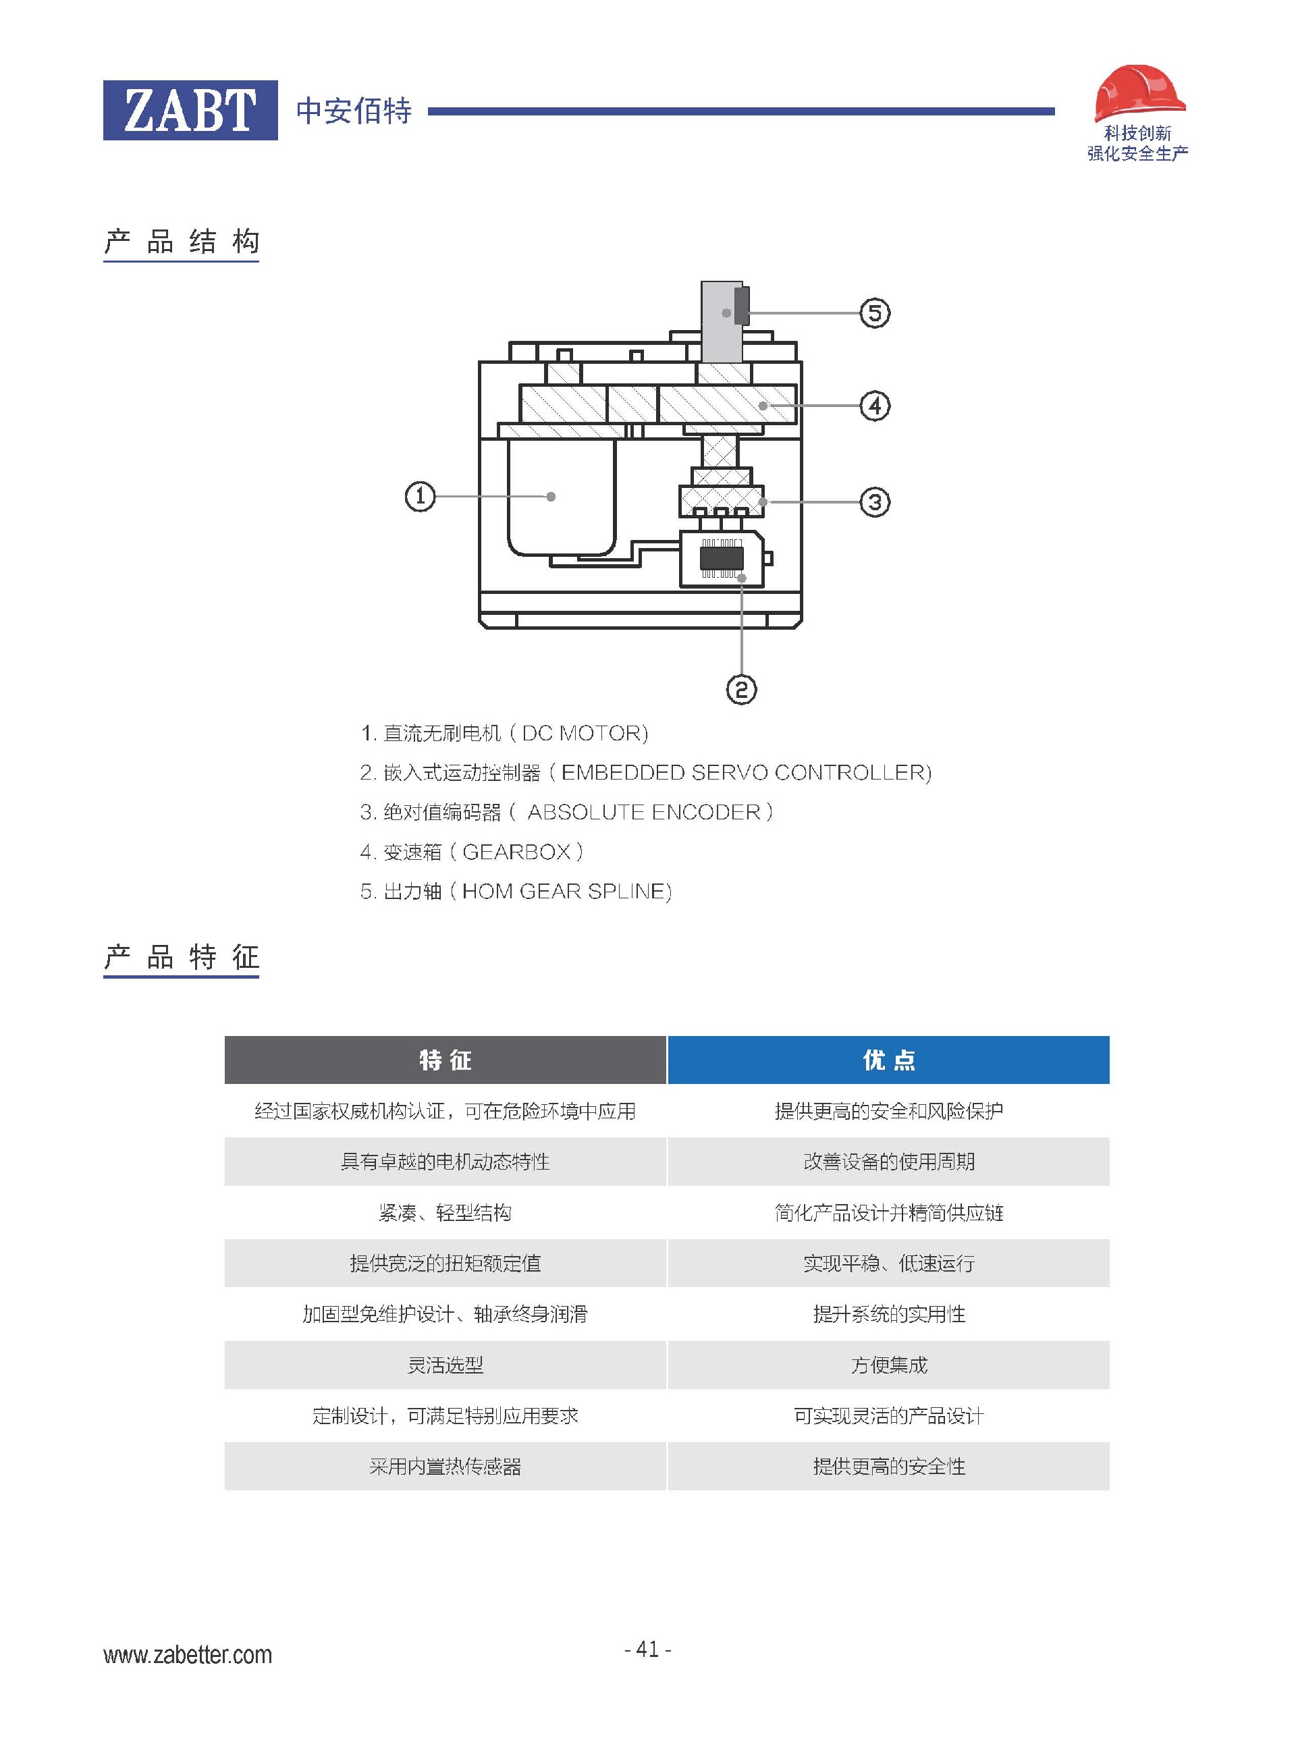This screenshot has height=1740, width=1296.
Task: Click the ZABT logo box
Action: [x=190, y=110]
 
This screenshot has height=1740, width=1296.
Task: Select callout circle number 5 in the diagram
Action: [x=875, y=313]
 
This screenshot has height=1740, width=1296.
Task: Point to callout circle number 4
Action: [x=875, y=406]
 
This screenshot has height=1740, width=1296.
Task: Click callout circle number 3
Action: [x=875, y=502]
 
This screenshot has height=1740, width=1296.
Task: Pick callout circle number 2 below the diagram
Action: [x=741, y=690]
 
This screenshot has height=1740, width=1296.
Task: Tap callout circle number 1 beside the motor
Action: [x=420, y=497]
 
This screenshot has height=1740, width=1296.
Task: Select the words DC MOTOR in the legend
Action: [x=585, y=734]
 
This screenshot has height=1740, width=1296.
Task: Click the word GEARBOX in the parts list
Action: [x=516, y=852]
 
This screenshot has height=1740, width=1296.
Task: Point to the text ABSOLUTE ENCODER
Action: [x=643, y=812]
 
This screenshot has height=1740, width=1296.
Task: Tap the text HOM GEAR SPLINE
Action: [x=566, y=891]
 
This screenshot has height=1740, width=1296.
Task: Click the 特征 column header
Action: [x=445, y=1060]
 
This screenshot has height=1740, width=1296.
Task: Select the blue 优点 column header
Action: [x=888, y=1060]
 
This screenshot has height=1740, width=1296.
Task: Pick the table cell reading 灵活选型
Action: [x=445, y=1365]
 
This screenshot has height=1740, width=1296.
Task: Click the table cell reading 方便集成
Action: [x=888, y=1365]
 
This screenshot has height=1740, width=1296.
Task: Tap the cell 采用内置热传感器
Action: [x=445, y=1466]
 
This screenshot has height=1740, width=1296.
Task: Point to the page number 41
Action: [x=647, y=1649]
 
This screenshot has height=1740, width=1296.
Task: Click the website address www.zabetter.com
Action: [x=188, y=1655]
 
